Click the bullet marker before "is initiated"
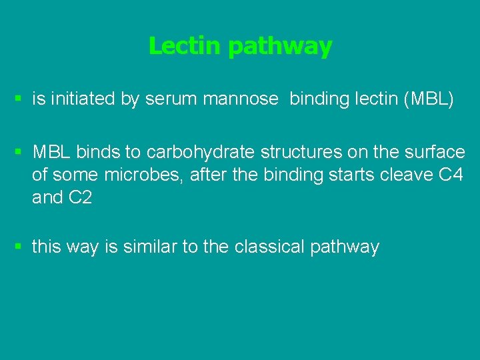click(x=19, y=100)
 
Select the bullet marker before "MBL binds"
click(x=19, y=153)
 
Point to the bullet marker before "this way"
click(x=19, y=247)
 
